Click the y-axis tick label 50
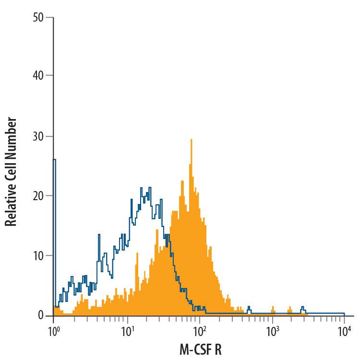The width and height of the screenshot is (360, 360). coord(38,17)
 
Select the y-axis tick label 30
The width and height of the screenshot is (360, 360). coord(38,136)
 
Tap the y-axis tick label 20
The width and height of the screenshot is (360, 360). coord(38,196)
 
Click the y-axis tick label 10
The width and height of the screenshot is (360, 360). coord(38,255)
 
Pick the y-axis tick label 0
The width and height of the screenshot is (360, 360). coord(41,315)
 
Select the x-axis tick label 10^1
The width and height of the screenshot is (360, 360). coord(127,330)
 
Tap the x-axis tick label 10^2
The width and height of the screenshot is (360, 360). coord(199,330)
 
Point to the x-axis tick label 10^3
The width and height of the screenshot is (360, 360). coord(272,330)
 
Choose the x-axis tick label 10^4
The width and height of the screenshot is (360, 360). coord(345,330)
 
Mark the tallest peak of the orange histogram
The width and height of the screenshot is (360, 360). coord(191,140)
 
